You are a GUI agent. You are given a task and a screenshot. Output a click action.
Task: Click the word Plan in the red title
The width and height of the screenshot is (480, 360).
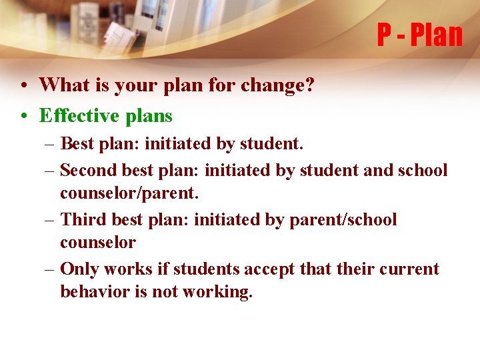point(437,35)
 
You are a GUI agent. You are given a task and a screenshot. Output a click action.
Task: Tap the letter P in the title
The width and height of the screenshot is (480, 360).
point(385,35)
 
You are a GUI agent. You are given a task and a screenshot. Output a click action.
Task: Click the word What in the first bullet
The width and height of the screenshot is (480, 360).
point(61,85)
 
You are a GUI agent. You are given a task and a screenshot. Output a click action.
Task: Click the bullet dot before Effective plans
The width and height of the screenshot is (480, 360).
point(23,116)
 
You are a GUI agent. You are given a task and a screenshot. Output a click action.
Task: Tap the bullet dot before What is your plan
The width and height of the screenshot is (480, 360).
point(23,85)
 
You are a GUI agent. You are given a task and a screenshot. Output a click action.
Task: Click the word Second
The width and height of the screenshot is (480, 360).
point(89,170)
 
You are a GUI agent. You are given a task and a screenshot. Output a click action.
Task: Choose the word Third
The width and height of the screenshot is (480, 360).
point(83,219)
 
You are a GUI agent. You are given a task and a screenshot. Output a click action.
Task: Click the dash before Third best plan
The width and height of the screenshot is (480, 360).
point(50,220)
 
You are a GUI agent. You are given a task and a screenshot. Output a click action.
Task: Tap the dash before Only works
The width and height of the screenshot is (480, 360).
point(50,269)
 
